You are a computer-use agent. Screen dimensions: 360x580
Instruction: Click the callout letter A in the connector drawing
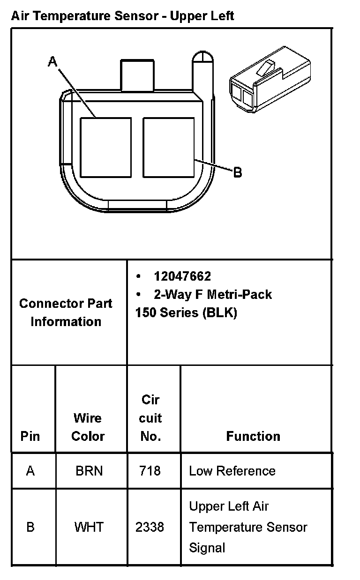[x=52, y=61]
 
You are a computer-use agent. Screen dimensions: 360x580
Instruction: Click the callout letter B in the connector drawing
[x=238, y=172]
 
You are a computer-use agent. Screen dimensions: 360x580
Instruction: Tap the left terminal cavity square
[x=105, y=148]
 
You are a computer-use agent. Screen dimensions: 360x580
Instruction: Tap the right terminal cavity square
[x=168, y=148]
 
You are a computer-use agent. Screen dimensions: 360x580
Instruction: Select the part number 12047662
[x=182, y=276]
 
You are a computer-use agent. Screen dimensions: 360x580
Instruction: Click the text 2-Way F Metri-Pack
[x=213, y=294]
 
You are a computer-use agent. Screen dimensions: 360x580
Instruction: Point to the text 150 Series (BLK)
[x=186, y=312]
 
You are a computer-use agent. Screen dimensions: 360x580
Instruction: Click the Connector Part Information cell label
[x=66, y=312]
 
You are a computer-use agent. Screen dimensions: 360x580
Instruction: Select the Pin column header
[x=30, y=436]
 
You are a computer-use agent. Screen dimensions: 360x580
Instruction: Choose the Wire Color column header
[x=88, y=427]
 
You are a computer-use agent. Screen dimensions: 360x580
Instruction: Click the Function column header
[x=253, y=436]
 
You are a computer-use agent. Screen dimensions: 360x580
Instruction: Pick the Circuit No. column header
[x=150, y=418]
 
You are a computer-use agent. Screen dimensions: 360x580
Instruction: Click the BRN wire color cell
[x=89, y=471]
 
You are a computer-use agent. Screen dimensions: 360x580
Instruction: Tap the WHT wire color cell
[x=88, y=527]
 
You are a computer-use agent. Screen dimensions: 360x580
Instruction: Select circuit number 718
[x=150, y=471]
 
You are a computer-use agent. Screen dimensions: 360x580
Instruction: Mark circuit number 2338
[x=150, y=527]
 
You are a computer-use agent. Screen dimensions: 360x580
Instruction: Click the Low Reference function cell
[x=232, y=471]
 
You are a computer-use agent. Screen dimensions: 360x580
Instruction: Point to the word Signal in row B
[x=207, y=547]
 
